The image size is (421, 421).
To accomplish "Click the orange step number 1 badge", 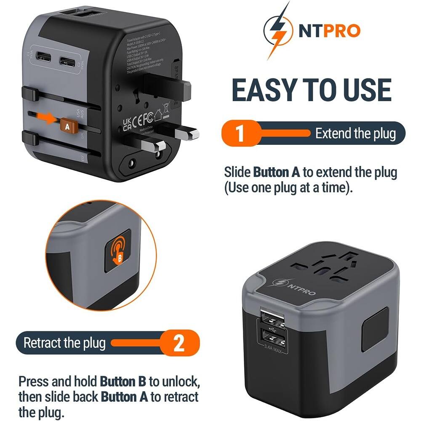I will (x=240, y=134).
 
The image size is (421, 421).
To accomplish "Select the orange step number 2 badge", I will (x=179, y=343).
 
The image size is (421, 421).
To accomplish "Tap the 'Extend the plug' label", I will (x=355, y=134).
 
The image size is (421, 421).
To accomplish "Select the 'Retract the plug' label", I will (x=64, y=343).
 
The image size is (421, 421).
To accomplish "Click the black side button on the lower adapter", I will (x=376, y=330).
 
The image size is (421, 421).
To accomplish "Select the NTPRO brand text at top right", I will (x=330, y=31).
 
